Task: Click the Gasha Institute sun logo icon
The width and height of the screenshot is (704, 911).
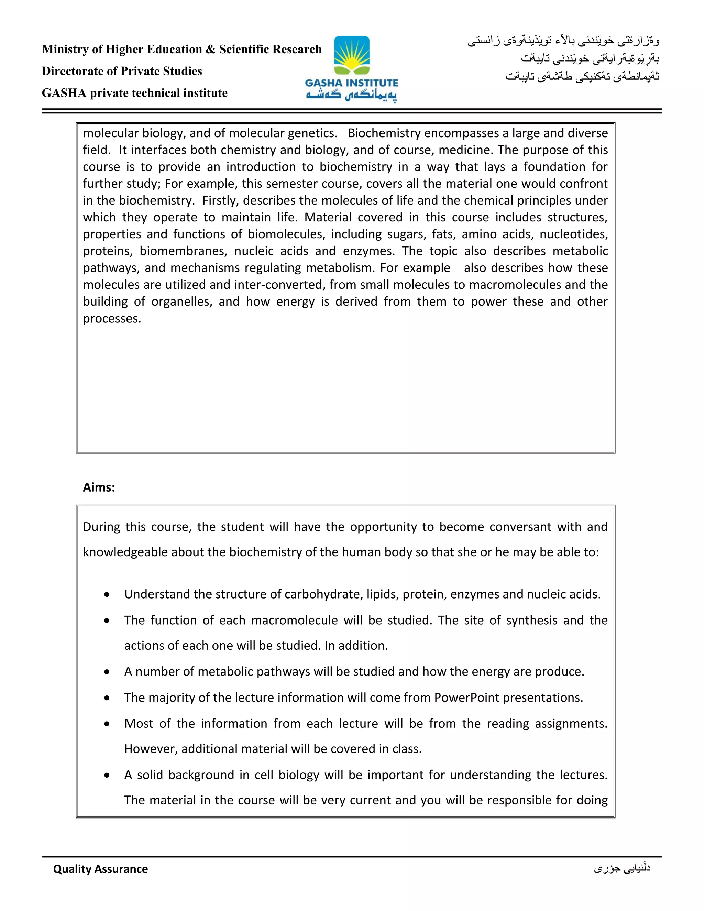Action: pyautogui.click(x=352, y=55)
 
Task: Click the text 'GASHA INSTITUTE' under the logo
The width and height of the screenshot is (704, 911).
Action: pyautogui.click(x=352, y=83)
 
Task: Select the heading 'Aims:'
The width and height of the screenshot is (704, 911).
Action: pyautogui.click(x=99, y=487)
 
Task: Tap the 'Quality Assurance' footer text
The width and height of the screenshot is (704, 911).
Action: pyautogui.click(x=100, y=869)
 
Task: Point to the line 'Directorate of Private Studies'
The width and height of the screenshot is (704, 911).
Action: pyautogui.click(x=122, y=71)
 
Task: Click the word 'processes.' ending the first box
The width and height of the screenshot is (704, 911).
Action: pyautogui.click(x=112, y=318)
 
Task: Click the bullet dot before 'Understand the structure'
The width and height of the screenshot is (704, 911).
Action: pyautogui.click(x=107, y=594)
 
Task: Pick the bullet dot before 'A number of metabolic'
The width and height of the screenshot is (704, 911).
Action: pyautogui.click(x=107, y=672)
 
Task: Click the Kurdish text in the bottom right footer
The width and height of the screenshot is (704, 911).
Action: pyautogui.click(x=622, y=868)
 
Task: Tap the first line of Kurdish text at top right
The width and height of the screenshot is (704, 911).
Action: pyautogui.click(x=563, y=41)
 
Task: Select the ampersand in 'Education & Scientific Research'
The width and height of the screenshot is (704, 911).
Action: pyautogui.click(x=211, y=49)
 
